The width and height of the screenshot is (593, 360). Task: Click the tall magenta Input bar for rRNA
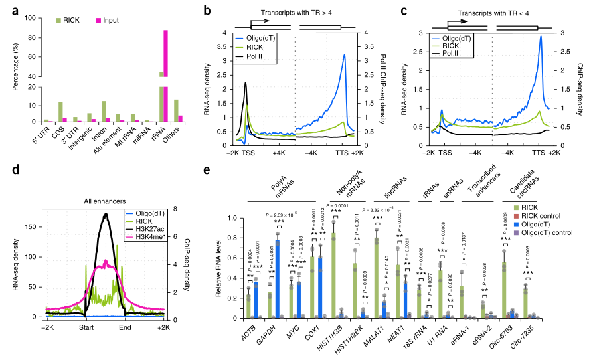click(x=164, y=73)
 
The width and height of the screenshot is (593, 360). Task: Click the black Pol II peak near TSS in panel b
click(x=246, y=84)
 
